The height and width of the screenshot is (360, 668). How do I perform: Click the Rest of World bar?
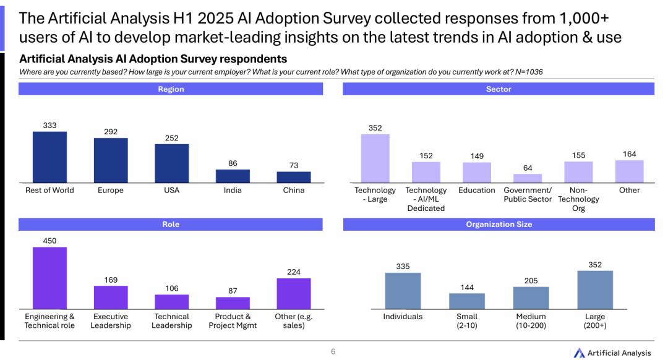point(49,157)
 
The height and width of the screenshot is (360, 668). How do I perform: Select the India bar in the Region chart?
point(233,176)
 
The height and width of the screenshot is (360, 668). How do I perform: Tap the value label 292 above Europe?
point(111,132)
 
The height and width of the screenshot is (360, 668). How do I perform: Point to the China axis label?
point(294,191)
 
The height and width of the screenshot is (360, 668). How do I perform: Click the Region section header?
point(171,89)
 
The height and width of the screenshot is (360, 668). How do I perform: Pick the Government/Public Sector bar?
point(527,178)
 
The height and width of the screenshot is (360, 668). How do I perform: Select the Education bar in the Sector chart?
point(477,173)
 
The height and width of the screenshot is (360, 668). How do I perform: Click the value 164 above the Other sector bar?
point(629,154)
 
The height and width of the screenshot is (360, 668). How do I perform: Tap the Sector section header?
point(499,89)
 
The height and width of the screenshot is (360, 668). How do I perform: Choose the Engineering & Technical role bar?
point(49,278)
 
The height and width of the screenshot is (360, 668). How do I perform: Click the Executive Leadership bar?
point(111,298)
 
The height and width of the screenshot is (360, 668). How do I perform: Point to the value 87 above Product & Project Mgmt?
point(233,291)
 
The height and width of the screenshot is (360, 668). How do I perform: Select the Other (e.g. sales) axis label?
point(294,321)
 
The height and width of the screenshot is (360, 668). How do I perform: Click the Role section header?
point(171,224)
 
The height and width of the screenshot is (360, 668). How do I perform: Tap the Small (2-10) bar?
point(467,301)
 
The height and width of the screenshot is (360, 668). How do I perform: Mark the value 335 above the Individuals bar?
point(403,267)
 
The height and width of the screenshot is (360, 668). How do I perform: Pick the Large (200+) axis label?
point(595,321)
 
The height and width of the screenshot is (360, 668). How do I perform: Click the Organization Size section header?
point(499,224)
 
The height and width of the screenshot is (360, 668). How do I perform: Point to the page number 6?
point(333,351)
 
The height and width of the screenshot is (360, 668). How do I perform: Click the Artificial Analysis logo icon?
point(579,353)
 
